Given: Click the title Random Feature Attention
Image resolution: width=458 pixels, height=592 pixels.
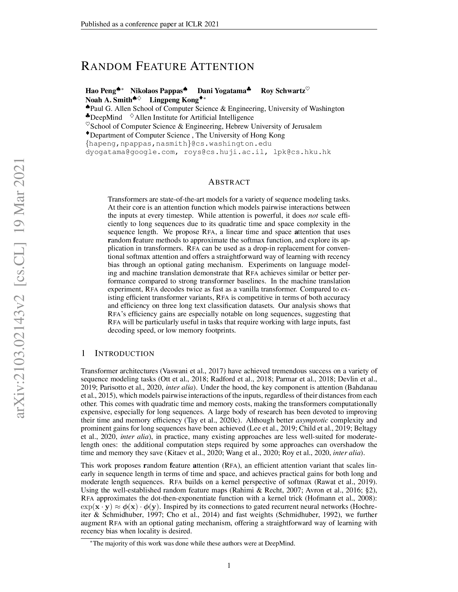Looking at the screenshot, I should click(167, 66).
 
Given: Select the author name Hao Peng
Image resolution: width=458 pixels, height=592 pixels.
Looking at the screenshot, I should click(101, 91).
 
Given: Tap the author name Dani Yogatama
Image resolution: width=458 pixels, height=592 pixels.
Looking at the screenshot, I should click(221, 91).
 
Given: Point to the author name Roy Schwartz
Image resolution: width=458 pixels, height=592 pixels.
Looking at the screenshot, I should click(283, 91).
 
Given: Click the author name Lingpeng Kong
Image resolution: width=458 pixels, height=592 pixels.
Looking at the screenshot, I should click(174, 100).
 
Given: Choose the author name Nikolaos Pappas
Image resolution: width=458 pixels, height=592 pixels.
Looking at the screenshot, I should click(157, 91).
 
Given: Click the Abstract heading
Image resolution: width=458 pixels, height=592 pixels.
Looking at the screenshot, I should click(229, 182).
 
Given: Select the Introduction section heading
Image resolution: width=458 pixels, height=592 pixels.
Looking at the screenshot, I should click(124, 354).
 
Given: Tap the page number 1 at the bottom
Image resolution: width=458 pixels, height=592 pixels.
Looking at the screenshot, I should click(229, 565).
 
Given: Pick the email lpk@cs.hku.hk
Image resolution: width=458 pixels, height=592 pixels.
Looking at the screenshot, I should click(302, 152).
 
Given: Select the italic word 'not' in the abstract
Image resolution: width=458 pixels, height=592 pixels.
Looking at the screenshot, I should click(313, 216).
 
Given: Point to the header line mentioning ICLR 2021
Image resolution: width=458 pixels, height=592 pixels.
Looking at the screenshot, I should click(150, 24).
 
